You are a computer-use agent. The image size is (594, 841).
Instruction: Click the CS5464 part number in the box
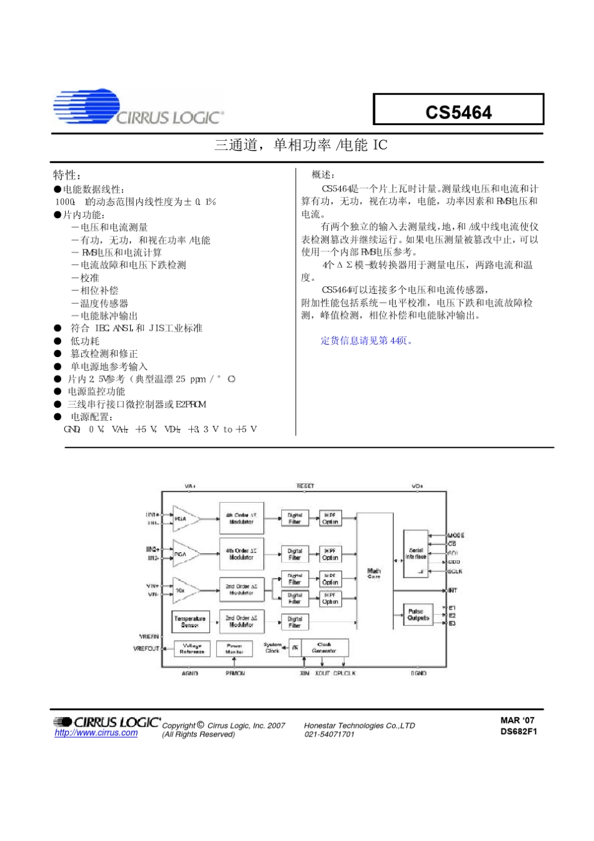[x=458, y=112]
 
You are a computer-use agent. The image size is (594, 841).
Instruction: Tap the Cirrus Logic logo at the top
[x=138, y=108]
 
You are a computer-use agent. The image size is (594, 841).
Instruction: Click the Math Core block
[x=374, y=573]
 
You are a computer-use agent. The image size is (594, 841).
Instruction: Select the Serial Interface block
[x=416, y=553]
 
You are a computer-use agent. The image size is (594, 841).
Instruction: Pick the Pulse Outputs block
[x=418, y=615]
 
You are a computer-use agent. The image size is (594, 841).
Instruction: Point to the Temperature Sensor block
[x=190, y=621]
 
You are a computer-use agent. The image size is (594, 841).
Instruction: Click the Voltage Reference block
[x=191, y=648]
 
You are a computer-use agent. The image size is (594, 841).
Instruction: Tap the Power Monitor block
[x=234, y=648]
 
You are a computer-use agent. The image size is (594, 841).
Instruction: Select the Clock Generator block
[x=324, y=647]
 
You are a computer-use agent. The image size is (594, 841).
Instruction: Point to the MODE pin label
[x=456, y=535]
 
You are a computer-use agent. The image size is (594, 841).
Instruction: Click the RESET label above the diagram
[x=305, y=486]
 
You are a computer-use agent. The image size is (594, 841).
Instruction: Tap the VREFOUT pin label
[x=146, y=648]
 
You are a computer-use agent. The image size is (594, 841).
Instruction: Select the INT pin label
[x=453, y=590]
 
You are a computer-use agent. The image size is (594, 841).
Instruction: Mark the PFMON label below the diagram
[x=235, y=673]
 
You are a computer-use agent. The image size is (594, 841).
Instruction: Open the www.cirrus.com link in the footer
[x=96, y=733]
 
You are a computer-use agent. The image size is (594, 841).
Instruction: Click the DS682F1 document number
[x=518, y=732]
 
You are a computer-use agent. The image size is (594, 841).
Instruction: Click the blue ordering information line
[x=367, y=341]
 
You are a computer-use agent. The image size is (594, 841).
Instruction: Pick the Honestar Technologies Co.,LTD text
[x=360, y=725]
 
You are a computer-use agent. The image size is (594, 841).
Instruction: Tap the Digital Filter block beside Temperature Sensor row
[x=294, y=622]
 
